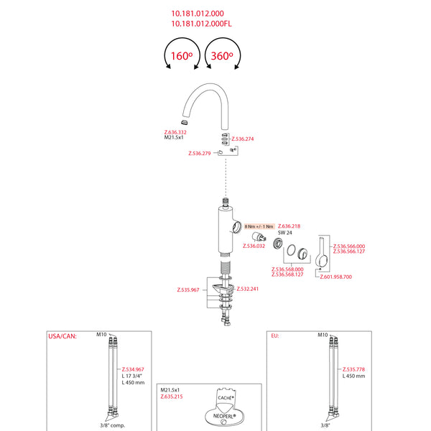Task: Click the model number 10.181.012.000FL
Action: (x=202, y=23)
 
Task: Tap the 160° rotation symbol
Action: (x=181, y=55)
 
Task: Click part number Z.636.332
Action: (x=175, y=132)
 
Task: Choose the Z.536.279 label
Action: (x=200, y=153)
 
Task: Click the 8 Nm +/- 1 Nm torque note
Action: (x=259, y=226)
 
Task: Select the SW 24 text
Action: (x=285, y=233)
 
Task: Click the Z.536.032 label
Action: (x=254, y=246)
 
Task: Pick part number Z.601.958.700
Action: (x=336, y=277)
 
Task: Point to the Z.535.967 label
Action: (x=188, y=289)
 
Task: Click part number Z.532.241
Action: (x=248, y=289)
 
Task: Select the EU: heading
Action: (x=275, y=335)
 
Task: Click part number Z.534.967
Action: (x=133, y=369)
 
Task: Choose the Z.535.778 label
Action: (x=354, y=369)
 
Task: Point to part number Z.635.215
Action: (x=172, y=396)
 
